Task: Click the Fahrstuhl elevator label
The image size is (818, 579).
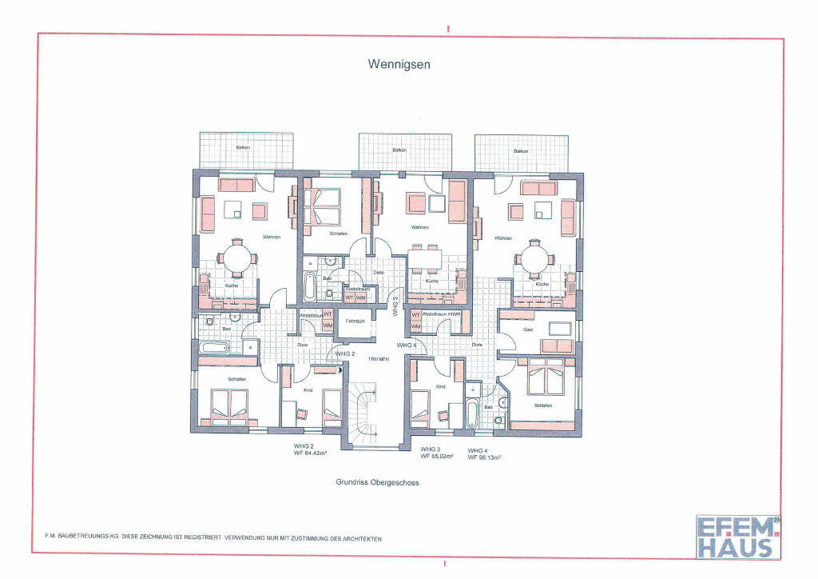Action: pos(355,321)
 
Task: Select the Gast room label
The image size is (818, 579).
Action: pos(528,329)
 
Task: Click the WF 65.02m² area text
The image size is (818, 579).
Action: pos(437,456)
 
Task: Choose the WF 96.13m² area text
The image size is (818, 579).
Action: pos(485,457)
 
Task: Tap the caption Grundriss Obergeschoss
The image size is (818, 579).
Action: pos(377,483)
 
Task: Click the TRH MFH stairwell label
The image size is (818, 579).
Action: pos(377,359)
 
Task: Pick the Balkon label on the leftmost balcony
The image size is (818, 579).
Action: pos(242,149)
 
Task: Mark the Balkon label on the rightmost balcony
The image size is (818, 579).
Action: pos(521,151)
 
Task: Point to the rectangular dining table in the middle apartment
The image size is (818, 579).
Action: pos(423,260)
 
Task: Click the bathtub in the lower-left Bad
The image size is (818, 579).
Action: pos(214,347)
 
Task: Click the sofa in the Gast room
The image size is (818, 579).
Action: pos(558,345)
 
